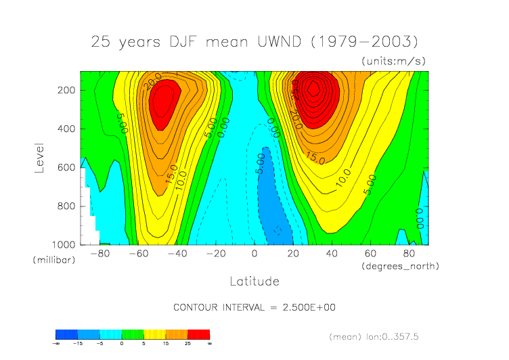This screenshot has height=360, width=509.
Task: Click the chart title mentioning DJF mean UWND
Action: click(x=254, y=41)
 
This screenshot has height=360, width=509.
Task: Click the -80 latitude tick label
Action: click(x=99, y=254)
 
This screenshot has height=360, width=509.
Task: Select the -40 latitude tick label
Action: click(x=177, y=254)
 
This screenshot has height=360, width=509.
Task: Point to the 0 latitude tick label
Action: click(x=255, y=254)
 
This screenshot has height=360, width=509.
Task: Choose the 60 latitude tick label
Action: click(x=370, y=254)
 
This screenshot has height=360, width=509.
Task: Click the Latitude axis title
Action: click(x=255, y=281)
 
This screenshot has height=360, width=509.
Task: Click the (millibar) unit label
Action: click(x=51, y=260)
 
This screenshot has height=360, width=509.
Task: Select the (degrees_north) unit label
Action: click(x=400, y=266)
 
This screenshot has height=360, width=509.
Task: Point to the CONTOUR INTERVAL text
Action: click(x=255, y=307)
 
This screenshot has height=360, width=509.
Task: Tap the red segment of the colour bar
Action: click(x=199, y=334)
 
